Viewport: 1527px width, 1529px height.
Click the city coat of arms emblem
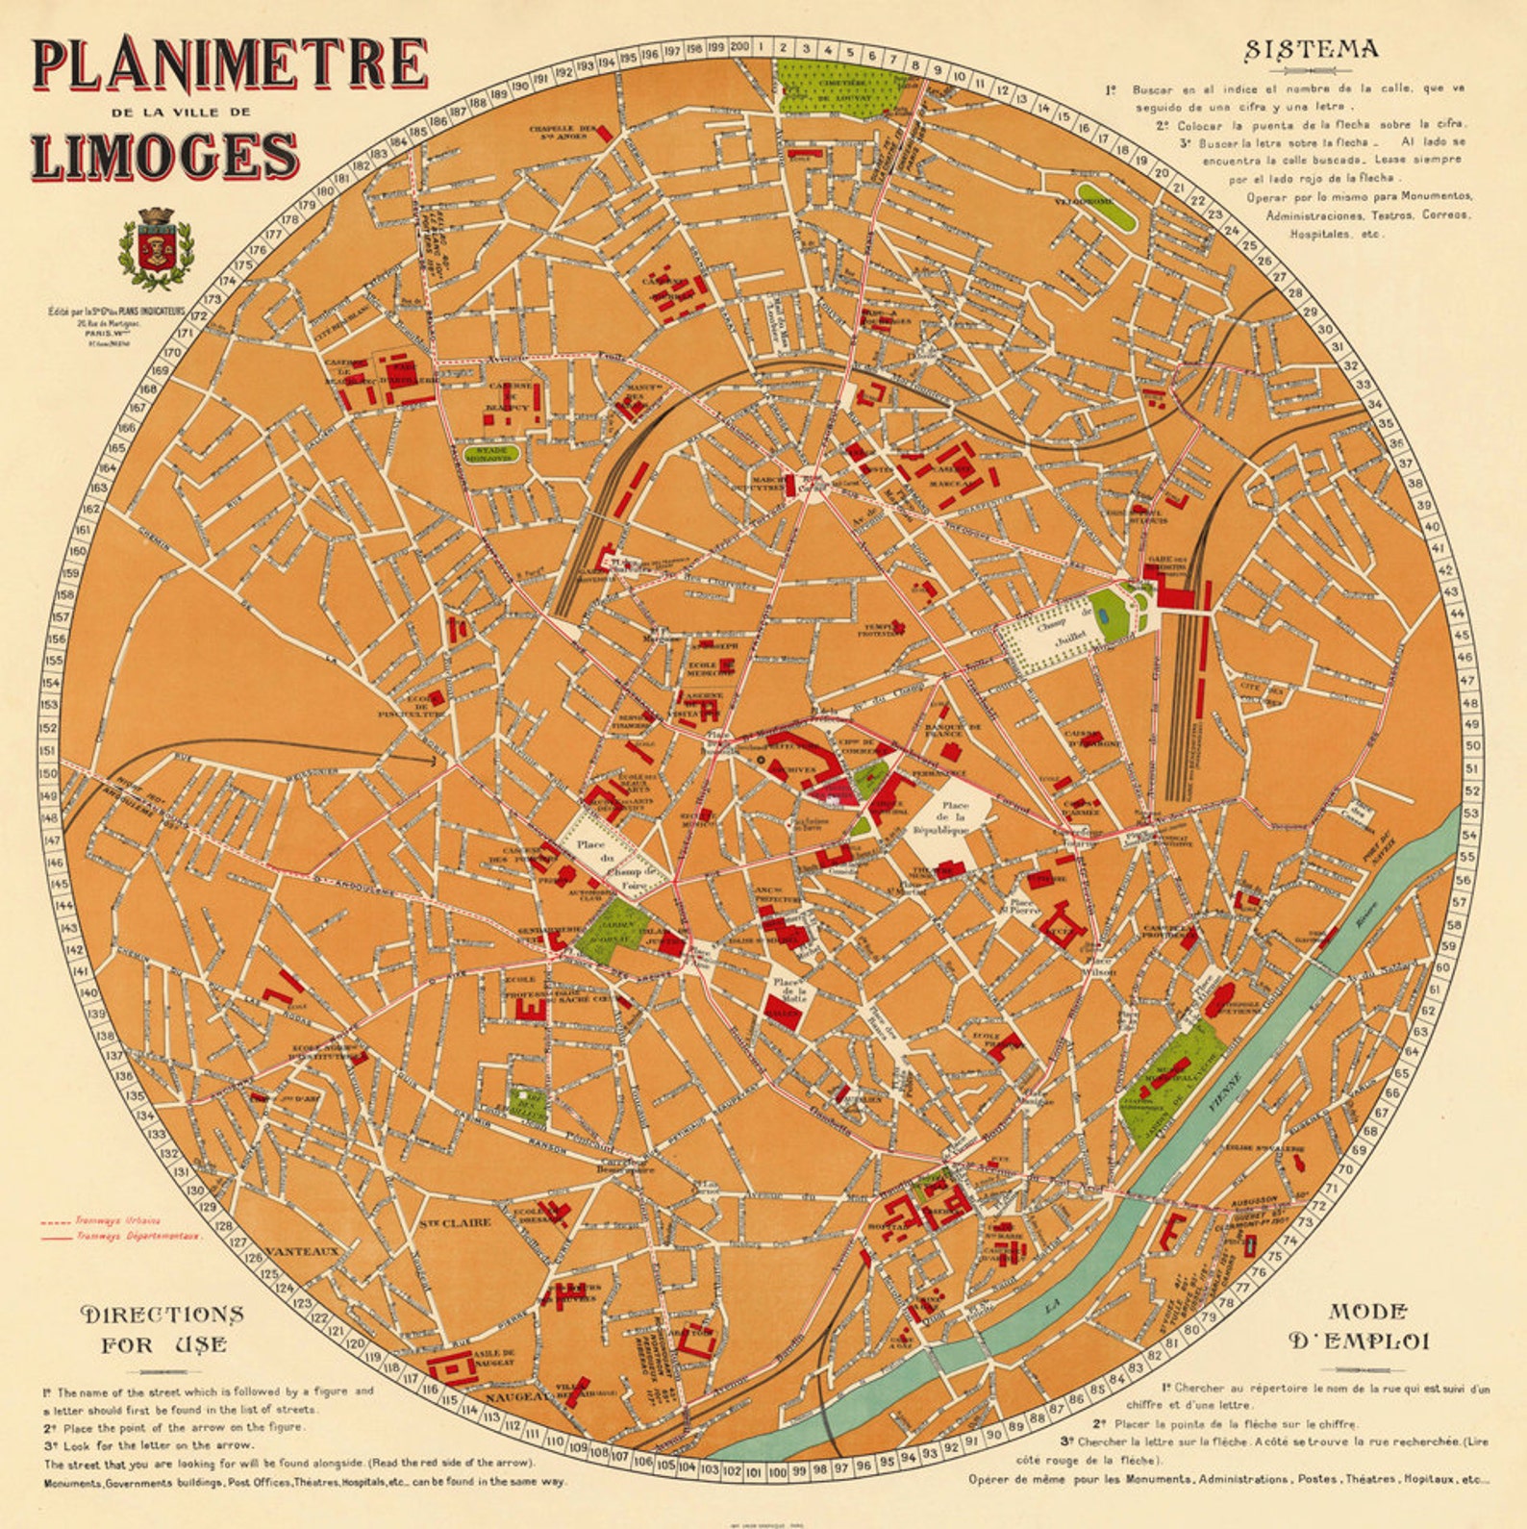(155, 249)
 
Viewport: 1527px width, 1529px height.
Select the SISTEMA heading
(1312, 50)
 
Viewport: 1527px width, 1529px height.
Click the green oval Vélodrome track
(1107, 205)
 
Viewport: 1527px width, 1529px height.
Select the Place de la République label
(955, 817)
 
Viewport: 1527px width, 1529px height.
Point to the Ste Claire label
(454, 1223)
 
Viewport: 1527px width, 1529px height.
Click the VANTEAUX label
(301, 1251)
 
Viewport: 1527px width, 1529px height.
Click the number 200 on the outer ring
(739, 46)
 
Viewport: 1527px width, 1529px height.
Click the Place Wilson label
(1097, 965)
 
